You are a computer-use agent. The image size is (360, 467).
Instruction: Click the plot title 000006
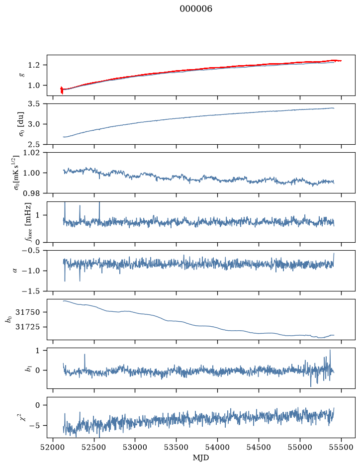196,9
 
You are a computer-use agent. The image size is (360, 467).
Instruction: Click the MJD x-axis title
201,458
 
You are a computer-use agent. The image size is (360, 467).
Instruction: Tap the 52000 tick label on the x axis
53,447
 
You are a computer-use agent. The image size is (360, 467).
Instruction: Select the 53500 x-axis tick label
176,447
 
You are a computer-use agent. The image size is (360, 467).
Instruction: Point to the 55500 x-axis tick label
341,447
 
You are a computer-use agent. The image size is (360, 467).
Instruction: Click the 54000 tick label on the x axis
217,447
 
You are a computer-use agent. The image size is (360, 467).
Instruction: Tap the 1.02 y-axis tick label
34,153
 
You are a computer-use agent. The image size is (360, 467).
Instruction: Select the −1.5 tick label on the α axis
33,291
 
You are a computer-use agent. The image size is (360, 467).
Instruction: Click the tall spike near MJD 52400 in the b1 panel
85,362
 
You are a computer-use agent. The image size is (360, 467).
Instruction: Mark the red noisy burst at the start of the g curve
62,90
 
